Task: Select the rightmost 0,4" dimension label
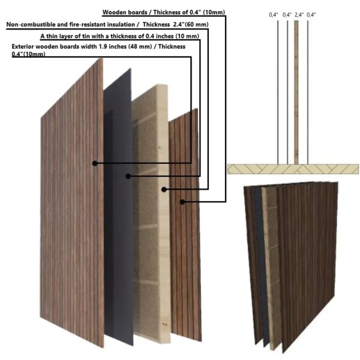[311, 14]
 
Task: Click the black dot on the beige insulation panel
[164, 189]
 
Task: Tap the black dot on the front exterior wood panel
[94, 163]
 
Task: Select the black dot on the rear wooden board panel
[182, 202]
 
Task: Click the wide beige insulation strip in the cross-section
[296, 90]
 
